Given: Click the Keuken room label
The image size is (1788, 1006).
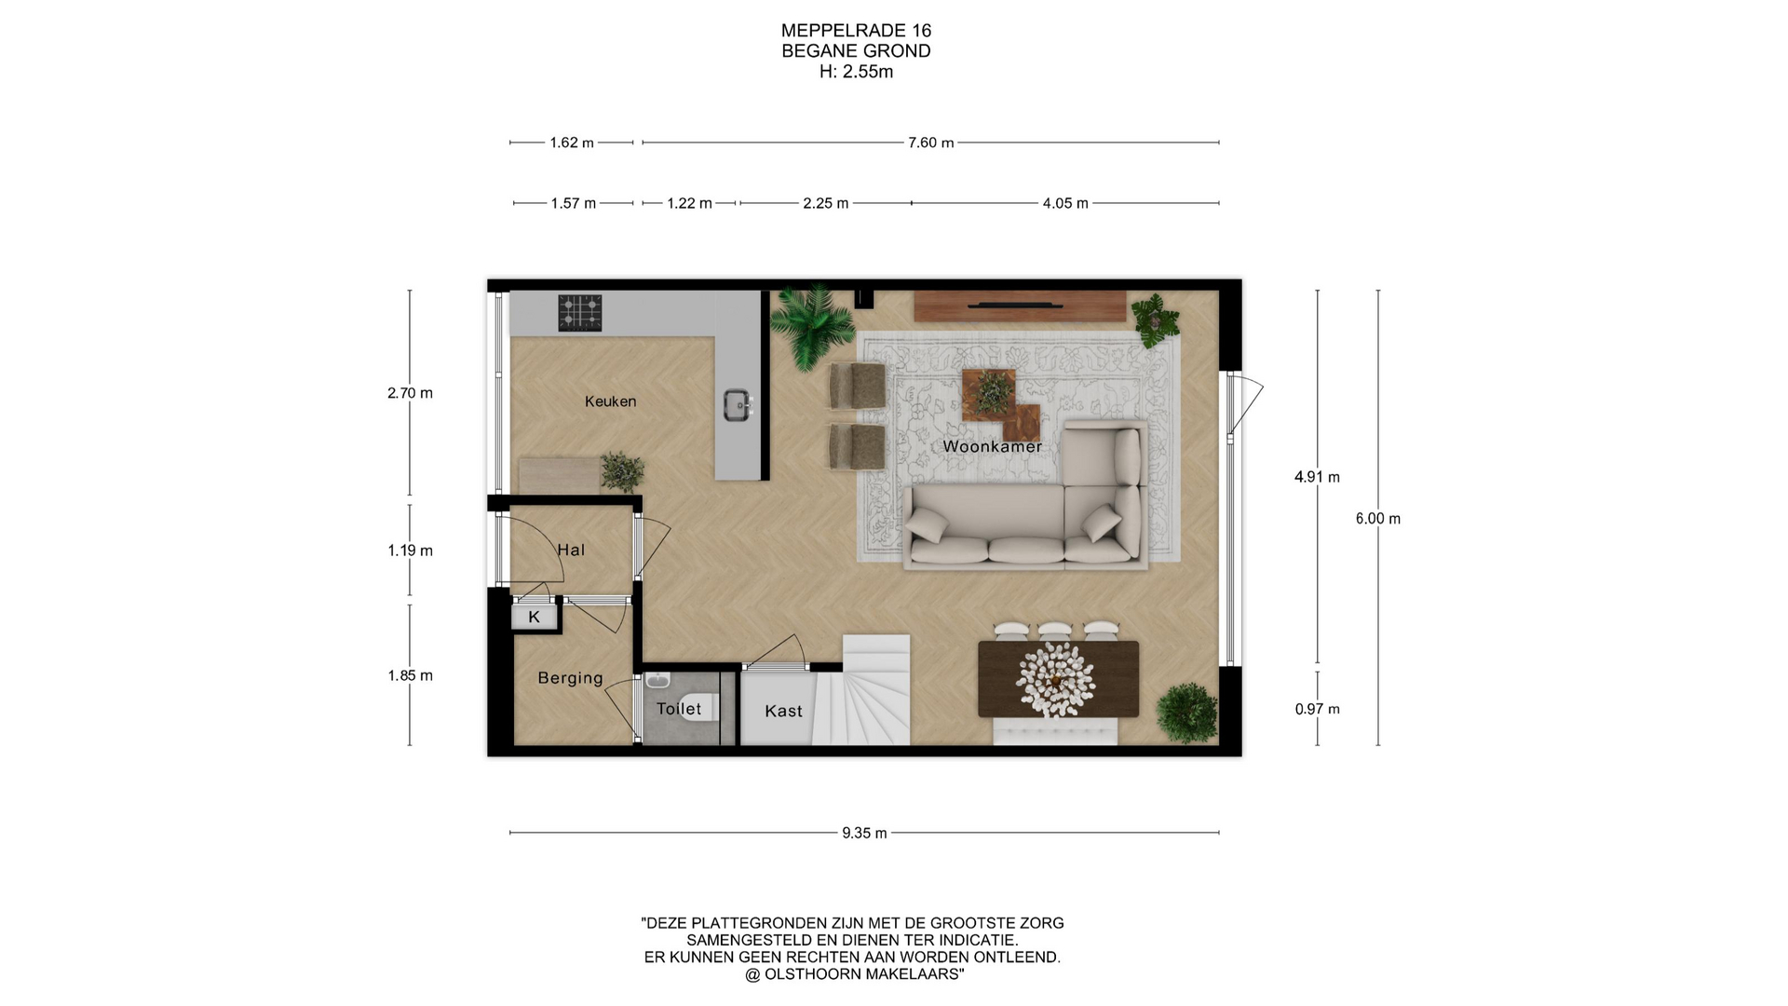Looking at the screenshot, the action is pyautogui.click(x=610, y=401).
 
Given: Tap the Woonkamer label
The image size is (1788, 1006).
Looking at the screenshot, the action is pyautogui.click(x=992, y=447).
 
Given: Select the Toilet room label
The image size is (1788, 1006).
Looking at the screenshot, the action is pyautogui.click(x=679, y=709).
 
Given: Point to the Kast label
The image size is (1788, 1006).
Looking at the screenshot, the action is pyautogui.click(x=783, y=712).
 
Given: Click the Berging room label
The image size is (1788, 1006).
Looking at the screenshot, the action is pyautogui.click(x=570, y=679).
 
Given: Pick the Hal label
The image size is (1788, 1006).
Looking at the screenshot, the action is pyautogui.click(x=571, y=551).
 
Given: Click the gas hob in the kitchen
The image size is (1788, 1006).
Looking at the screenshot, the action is pyautogui.click(x=580, y=313).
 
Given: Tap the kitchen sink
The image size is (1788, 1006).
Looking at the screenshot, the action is pyautogui.click(x=738, y=405).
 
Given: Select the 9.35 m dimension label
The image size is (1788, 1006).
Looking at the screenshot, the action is pyautogui.click(x=864, y=833).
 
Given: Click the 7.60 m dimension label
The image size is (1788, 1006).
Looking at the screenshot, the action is pyautogui.click(x=931, y=143).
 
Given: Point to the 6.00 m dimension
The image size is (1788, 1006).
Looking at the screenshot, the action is pyautogui.click(x=1378, y=519).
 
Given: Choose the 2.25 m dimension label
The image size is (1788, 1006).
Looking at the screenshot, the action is pyautogui.click(x=826, y=203).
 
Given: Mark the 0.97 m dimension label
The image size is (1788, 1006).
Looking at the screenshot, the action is pyautogui.click(x=1318, y=709).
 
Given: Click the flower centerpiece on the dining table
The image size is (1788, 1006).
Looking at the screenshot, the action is pyautogui.click(x=1056, y=679).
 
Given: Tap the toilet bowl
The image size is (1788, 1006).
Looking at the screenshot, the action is pyautogui.click(x=698, y=708).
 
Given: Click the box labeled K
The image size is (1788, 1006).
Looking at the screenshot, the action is pyautogui.click(x=535, y=617).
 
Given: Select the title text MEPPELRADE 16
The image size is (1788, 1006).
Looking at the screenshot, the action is pyautogui.click(x=856, y=31).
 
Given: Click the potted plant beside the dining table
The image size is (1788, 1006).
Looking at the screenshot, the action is pyautogui.click(x=1186, y=714).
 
